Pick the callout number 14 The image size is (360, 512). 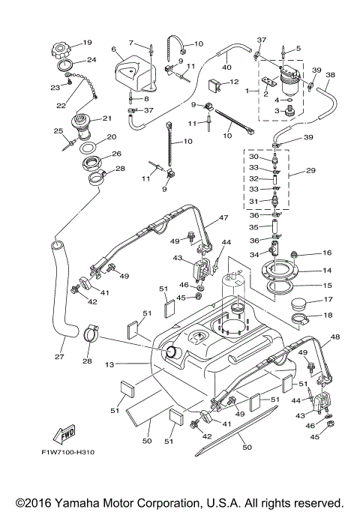[327, 271]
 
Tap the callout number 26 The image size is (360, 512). [117, 154]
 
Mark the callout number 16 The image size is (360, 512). [327, 254]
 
